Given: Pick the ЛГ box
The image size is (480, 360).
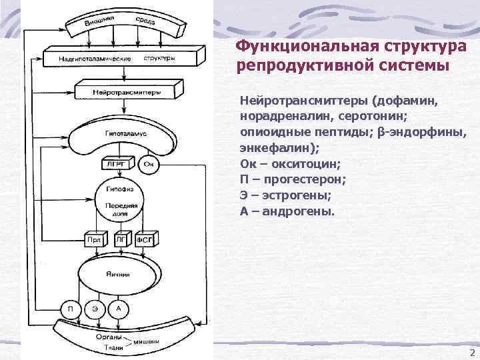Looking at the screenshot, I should point(120,239).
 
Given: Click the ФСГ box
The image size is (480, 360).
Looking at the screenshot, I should point(145,239).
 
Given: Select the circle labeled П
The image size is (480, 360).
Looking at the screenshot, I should point(70,309).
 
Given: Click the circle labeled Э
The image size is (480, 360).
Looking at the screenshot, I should point(95,309).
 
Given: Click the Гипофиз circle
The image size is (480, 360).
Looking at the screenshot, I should point(121,197).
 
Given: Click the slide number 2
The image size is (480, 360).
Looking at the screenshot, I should point(472,352).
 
